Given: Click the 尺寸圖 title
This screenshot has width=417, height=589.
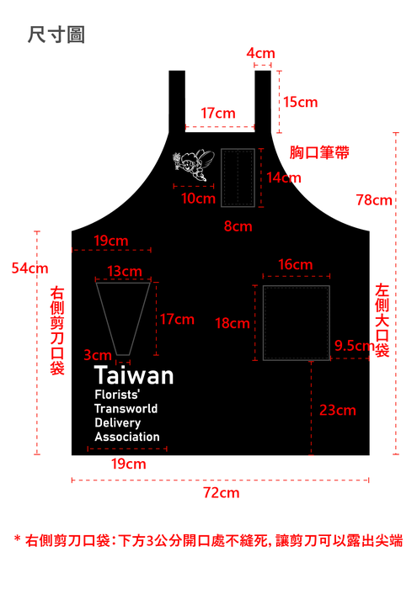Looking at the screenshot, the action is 56,35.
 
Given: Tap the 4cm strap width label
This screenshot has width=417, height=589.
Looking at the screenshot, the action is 260,53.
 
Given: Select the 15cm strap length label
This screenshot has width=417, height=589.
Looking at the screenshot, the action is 301,102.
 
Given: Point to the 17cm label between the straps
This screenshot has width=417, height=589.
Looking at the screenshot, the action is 218,113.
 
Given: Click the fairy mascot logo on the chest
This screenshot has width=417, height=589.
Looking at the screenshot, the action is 193,165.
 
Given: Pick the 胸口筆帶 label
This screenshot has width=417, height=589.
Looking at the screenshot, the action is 319,152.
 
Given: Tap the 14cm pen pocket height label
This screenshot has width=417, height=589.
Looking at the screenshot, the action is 284,178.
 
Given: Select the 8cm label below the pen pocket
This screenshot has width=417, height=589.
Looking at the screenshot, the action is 238,226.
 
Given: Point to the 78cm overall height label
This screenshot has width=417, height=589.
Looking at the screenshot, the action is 374,200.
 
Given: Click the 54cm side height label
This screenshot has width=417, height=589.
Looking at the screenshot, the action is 30,268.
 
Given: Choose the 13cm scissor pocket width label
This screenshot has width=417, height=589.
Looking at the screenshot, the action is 125,271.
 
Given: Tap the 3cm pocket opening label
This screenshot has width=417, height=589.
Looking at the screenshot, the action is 98,355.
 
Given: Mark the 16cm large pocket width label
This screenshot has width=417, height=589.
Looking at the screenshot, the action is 296,264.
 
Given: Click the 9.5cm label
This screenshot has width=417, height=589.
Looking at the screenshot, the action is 354,346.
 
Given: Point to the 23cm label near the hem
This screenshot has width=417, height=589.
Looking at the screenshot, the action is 338,411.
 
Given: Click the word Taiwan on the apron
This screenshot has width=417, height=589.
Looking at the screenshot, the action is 134,375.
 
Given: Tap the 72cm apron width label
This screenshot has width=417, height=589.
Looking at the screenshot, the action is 222,492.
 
